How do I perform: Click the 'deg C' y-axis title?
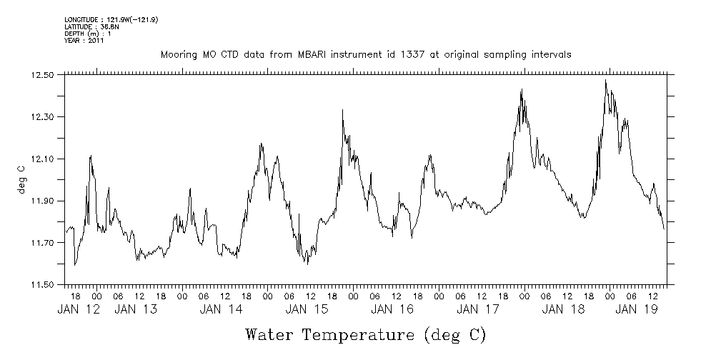21,179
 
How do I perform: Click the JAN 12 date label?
79,310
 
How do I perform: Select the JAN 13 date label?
136,310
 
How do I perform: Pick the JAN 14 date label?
222,310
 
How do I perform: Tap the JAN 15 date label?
307,310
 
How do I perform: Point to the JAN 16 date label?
392,310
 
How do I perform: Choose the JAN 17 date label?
478,310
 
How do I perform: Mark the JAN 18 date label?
564,310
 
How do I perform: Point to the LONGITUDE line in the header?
111,20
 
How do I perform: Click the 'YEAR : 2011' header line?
84,41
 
